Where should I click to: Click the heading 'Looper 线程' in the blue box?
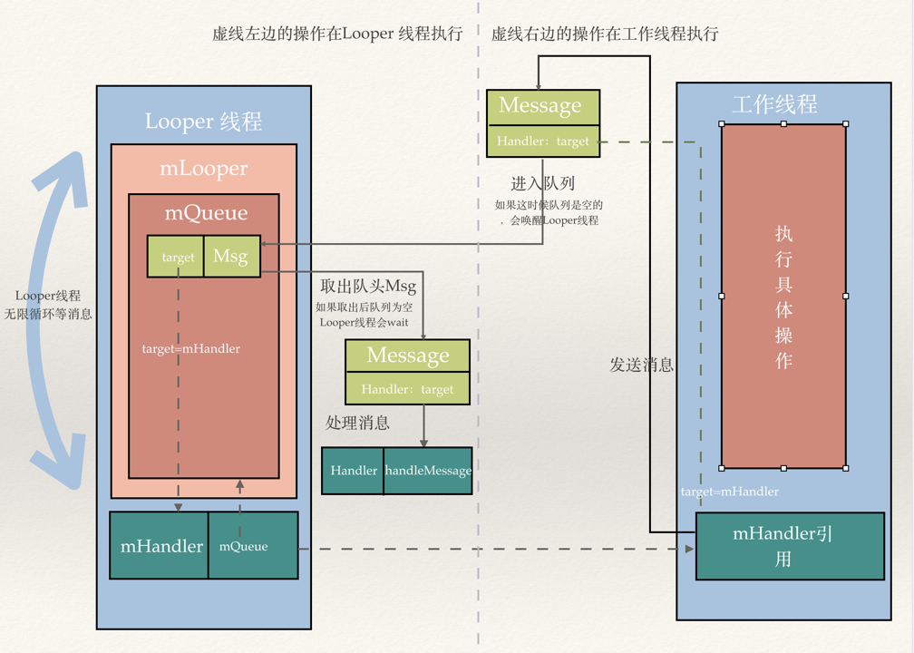click(203, 122)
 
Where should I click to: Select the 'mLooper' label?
click(203, 169)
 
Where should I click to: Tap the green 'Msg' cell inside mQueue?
click(231, 257)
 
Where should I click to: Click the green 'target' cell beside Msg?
click(178, 258)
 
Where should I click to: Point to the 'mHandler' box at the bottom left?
click(161, 546)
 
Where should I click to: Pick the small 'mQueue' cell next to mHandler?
click(244, 546)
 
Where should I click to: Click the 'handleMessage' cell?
click(428, 471)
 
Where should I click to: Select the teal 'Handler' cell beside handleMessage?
click(354, 471)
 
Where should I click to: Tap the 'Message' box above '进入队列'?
click(540, 106)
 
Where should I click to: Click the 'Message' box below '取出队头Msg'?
click(408, 356)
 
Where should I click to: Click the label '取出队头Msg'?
click(368, 287)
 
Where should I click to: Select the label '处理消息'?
click(358, 423)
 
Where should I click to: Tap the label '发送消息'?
click(642, 365)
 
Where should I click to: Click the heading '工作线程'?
click(774, 104)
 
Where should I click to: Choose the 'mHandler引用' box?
click(783, 546)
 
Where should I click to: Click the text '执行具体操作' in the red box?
click(783, 297)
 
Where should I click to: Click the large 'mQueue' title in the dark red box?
click(205, 213)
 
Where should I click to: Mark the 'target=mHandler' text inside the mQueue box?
click(191, 348)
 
